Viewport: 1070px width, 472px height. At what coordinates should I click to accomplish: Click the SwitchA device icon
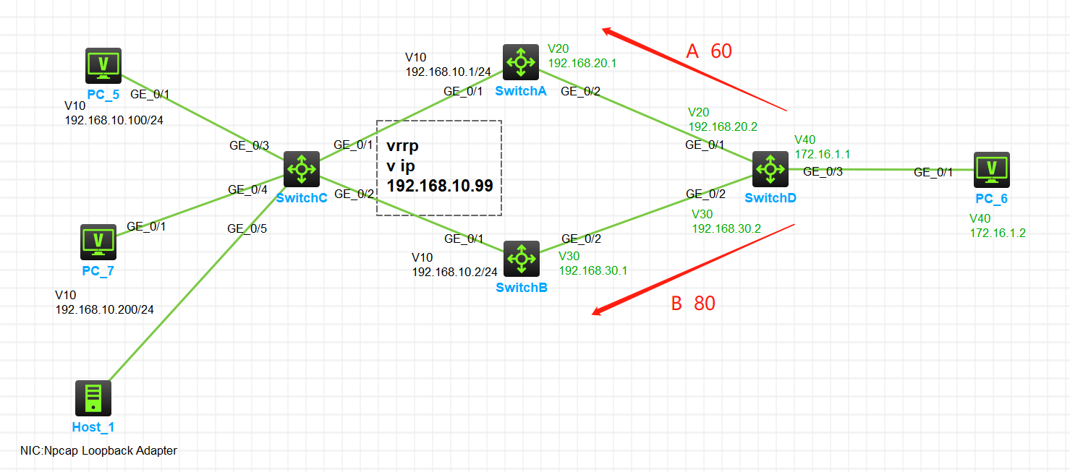click(521, 62)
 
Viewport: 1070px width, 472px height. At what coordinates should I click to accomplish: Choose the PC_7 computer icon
click(98, 242)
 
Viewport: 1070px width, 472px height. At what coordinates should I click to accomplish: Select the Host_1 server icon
click(93, 398)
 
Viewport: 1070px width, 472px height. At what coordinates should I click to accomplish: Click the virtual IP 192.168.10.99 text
click(440, 186)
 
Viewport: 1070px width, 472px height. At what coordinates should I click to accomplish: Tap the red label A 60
click(709, 51)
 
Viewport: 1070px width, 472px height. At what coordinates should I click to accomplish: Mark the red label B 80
click(693, 304)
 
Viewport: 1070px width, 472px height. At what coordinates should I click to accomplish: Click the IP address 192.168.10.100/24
click(114, 120)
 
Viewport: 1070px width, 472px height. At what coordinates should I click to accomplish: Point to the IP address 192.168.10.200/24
click(105, 309)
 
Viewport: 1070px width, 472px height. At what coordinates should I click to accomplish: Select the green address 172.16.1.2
click(998, 233)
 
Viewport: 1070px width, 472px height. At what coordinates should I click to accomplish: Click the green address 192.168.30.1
click(593, 270)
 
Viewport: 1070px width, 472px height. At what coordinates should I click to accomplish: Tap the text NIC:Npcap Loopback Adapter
click(98, 450)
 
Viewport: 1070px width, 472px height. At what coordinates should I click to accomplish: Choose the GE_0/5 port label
click(247, 228)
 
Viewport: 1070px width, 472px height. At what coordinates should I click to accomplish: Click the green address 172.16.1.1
click(822, 154)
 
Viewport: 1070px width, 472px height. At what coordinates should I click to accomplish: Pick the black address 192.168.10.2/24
click(455, 272)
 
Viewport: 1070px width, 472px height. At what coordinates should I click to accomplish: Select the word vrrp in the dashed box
click(403, 145)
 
